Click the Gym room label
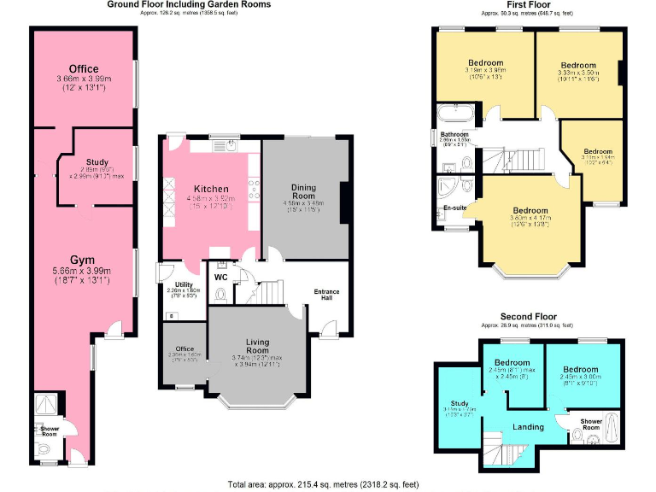coord(83,259)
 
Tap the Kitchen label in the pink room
coord(210,189)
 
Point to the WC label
coord(221,277)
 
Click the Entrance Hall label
coord(326,296)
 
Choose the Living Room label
coord(251,346)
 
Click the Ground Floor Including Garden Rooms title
coord(189,4)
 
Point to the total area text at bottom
coord(323,484)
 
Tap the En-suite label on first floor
coord(454,208)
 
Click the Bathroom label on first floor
coord(454,135)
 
